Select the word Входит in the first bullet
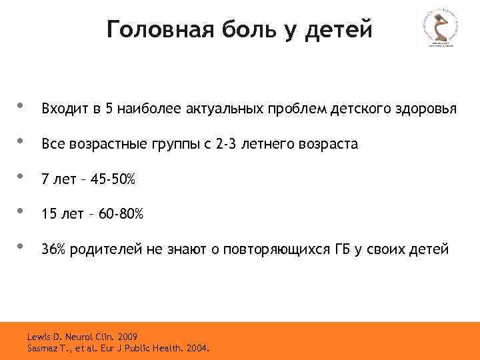coord(61,108)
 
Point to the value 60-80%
coord(120,215)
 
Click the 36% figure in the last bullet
coord(53,250)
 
